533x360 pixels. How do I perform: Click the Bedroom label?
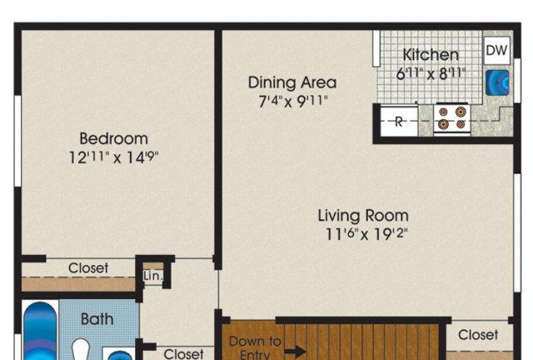pos(114,139)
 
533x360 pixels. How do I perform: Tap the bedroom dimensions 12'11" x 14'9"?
pos(114,157)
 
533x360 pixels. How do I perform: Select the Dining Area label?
pos(292,82)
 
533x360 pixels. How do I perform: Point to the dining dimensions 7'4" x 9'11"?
pos(293,101)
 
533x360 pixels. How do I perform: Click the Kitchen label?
pos(431,55)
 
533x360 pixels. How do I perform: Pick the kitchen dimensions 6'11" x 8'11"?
pos(431,73)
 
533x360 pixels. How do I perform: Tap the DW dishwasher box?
pos(497,50)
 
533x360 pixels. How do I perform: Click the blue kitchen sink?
pos(497,82)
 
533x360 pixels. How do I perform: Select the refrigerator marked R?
pos(399,121)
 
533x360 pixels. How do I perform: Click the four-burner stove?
pos(451,119)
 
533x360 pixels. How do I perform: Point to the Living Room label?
pos(363,216)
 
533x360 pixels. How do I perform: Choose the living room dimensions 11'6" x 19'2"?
pos(366,234)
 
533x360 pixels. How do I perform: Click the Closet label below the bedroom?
pos(88,268)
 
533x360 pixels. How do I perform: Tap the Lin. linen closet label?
pos(153,276)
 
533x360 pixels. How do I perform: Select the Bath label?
pos(97,319)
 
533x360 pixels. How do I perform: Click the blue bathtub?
pos(40,331)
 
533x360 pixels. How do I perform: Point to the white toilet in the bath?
pos(81,350)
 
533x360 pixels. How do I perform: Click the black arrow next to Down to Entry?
pos(295,352)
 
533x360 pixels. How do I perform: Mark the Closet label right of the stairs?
pos(478,335)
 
